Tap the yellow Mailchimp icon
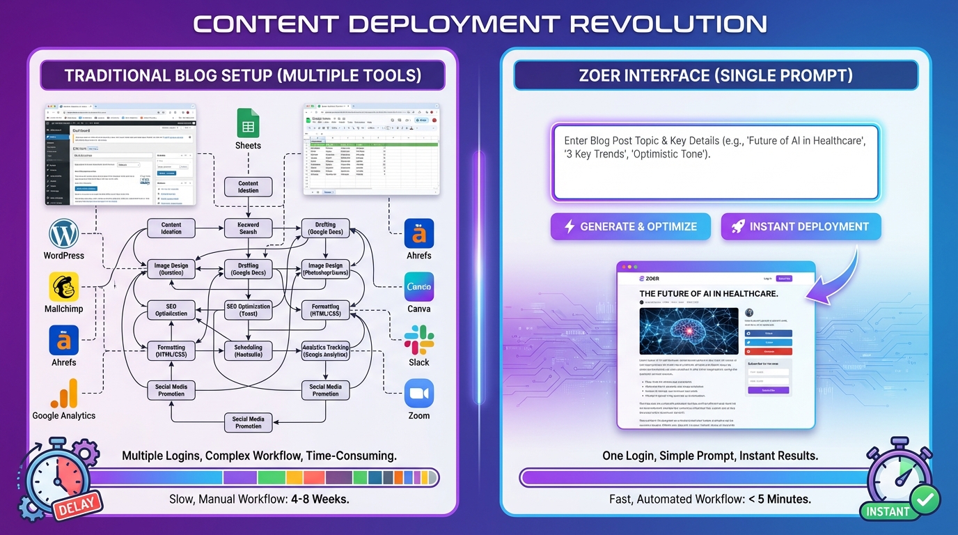click(63, 286)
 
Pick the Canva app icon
click(418, 286)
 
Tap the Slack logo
click(418, 340)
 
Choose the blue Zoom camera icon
click(418, 394)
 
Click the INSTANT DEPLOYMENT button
click(801, 226)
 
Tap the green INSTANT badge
click(888, 511)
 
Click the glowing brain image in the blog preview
click(689, 332)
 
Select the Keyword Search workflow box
click(248, 228)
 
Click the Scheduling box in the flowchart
click(248, 350)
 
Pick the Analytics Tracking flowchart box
click(325, 350)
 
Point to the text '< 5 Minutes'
click(779, 499)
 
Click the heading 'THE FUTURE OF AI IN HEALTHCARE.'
click(708, 294)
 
